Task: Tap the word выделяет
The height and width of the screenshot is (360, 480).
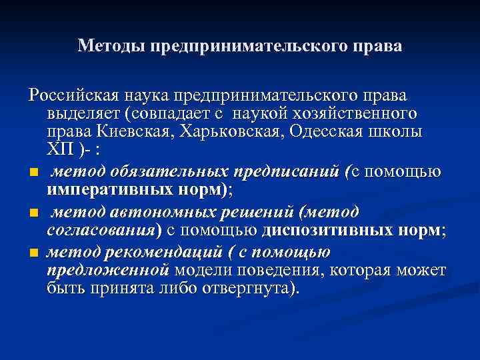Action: click(86, 113)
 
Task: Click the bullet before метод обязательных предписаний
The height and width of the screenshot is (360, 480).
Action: click(33, 173)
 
